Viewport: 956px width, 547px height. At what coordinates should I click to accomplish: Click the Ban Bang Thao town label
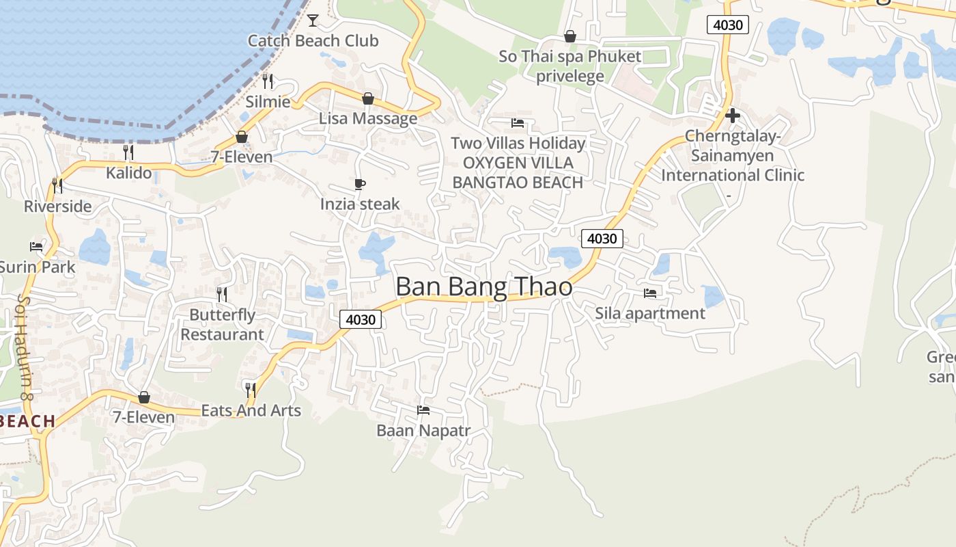click(x=483, y=287)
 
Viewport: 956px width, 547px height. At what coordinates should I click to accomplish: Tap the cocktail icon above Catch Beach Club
click(x=313, y=20)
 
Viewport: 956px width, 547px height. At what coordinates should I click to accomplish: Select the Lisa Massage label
click(x=368, y=118)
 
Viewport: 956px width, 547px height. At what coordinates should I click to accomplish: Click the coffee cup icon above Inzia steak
click(x=360, y=184)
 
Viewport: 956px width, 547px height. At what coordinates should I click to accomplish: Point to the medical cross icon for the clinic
click(x=733, y=116)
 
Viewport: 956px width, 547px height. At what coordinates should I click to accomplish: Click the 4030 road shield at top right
click(x=728, y=25)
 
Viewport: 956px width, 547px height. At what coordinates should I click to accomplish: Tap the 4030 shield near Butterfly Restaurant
click(x=361, y=319)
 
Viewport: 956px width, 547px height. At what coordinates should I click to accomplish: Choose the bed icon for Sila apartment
click(x=650, y=293)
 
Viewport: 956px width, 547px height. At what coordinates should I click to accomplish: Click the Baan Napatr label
click(x=423, y=431)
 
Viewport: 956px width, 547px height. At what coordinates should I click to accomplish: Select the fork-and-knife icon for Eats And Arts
click(x=251, y=390)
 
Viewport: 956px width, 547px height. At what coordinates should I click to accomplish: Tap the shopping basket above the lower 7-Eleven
click(x=144, y=397)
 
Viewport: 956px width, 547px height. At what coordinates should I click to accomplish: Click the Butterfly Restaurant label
click(x=222, y=325)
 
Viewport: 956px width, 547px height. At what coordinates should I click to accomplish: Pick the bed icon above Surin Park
click(x=36, y=246)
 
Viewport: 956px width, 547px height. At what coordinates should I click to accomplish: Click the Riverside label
click(x=57, y=206)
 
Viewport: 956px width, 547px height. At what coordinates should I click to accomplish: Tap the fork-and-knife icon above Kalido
click(x=128, y=152)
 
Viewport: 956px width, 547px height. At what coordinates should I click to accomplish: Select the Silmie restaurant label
click(x=268, y=102)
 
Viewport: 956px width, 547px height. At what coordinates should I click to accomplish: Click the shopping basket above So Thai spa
click(x=570, y=36)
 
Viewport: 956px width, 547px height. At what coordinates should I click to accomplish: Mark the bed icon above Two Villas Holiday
click(x=518, y=123)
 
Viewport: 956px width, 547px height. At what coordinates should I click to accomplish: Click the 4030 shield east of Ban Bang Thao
click(x=602, y=239)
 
